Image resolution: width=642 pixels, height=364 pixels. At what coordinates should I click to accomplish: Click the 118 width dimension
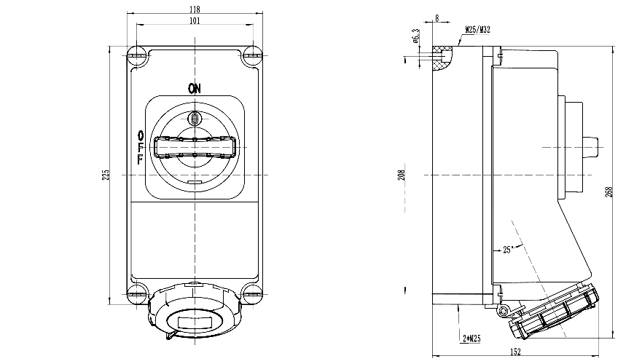click(x=195, y=9)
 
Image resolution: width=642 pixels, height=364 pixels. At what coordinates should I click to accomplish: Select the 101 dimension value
click(x=195, y=21)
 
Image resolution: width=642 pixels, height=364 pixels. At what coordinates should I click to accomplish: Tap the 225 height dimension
click(x=106, y=175)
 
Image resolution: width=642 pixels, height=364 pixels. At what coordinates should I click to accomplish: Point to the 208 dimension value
click(x=402, y=175)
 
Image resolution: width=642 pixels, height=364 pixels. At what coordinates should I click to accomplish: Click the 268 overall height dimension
click(x=609, y=191)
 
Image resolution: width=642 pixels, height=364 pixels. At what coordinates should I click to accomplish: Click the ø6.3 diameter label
click(x=415, y=36)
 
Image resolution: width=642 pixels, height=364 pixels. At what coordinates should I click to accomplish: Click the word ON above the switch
click(x=195, y=90)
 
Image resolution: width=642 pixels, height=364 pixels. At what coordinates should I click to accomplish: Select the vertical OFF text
click(x=140, y=148)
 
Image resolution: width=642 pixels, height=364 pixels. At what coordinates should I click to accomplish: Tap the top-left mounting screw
click(x=136, y=53)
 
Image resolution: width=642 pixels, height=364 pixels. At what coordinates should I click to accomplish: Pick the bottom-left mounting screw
click(x=136, y=295)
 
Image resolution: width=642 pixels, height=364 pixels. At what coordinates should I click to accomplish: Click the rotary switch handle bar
click(x=195, y=149)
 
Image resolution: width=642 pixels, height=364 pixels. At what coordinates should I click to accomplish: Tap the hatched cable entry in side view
click(x=440, y=60)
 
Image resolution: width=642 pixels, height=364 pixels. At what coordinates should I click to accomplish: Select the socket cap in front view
click(x=195, y=318)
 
